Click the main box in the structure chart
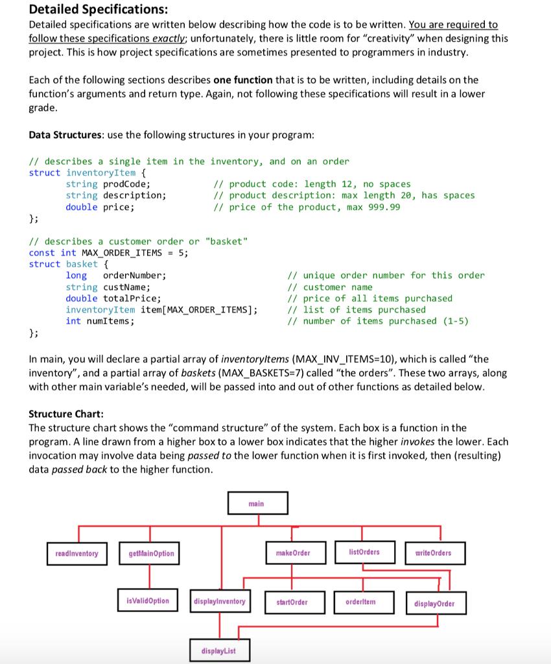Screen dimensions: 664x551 257,503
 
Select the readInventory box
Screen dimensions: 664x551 77,553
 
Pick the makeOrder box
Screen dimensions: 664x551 292,553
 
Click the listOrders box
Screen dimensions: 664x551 364,552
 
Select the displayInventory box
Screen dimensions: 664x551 220,602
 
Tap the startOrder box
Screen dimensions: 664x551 292,602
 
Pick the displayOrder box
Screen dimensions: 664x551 434,604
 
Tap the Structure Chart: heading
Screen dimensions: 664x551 67,414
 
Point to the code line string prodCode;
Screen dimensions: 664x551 108,184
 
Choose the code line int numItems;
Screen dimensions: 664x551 100,321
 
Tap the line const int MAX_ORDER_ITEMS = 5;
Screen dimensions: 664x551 108,253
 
